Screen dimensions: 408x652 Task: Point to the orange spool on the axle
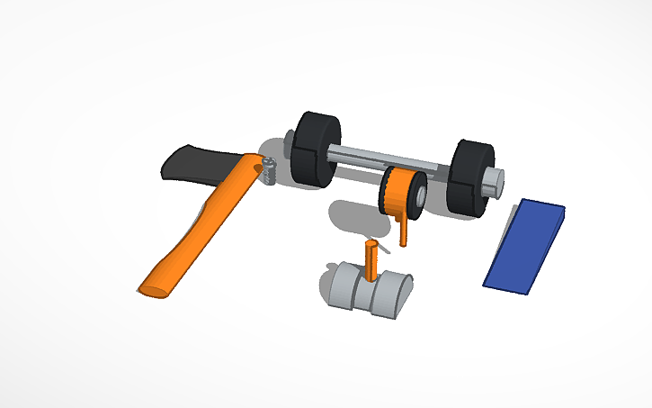coord(396,191)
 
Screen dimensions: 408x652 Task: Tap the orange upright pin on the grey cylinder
coord(371,261)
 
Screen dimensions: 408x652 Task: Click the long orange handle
coord(202,225)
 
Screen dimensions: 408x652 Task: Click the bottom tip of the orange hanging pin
coord(402,243)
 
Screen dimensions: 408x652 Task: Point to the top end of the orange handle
coord(254,161)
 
